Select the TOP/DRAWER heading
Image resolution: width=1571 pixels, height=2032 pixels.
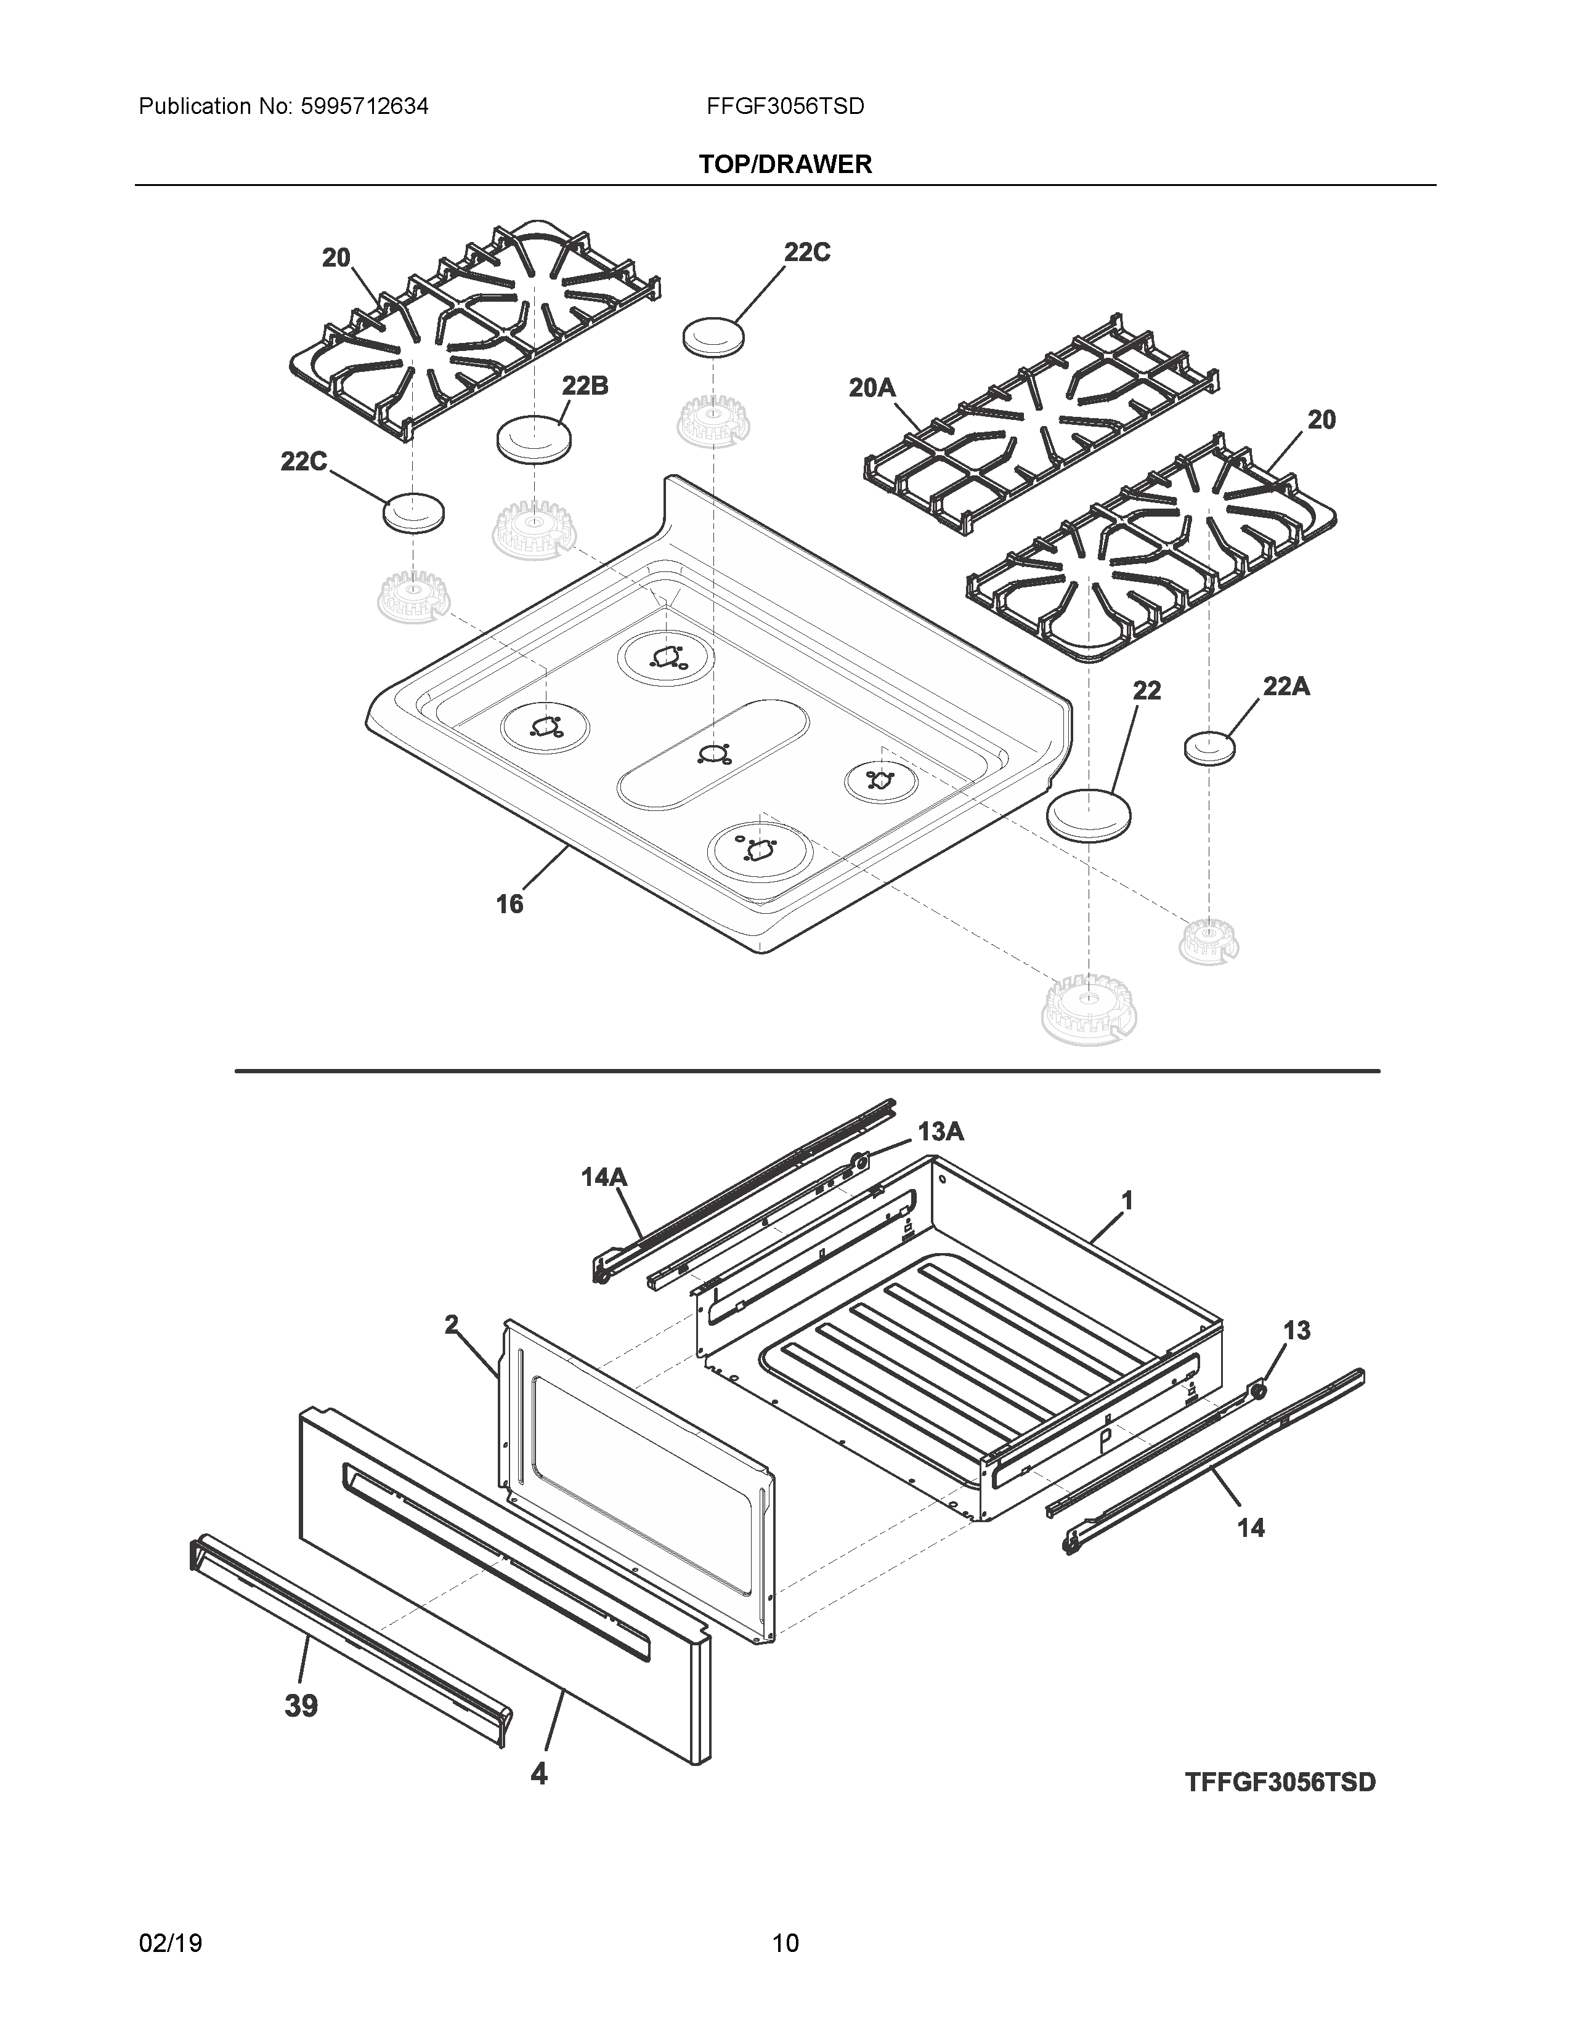[x=785, y=164]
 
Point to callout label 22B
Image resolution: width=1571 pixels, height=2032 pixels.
[x=585, y=385]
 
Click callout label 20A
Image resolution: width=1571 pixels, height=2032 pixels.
[x=872, y=387]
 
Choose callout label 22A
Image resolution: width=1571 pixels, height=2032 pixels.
[x=1286, y=687]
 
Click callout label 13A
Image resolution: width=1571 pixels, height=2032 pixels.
[x=940, y=1131]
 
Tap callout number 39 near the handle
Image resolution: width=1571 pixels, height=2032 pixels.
[x=301, y=1706]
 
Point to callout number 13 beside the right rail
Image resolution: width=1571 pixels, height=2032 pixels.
[x=1296, y=1331]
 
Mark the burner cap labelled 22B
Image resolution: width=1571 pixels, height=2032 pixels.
[x=534, y=437]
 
